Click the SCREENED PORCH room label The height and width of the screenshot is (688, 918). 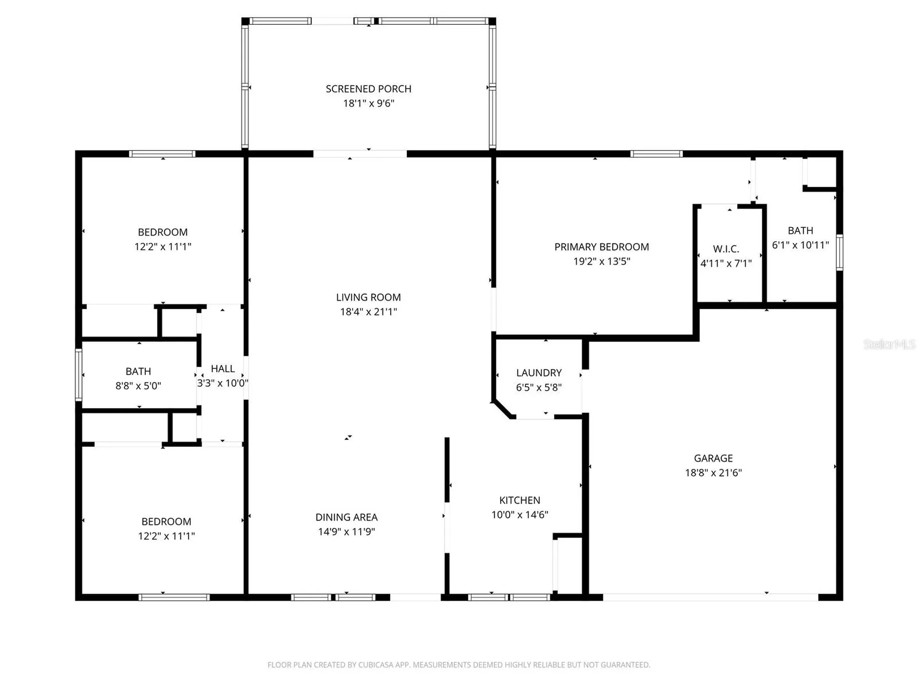(368, 89)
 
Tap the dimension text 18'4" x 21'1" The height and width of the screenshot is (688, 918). (368, 312)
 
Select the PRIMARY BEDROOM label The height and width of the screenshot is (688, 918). (601, 247)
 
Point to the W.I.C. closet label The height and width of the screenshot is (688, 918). (726, 249)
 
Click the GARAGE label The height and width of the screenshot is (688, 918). (713, 458)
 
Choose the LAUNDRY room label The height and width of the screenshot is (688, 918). (539, 373)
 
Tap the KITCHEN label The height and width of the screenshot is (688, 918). (520, 500)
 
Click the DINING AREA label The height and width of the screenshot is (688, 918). (347, 517)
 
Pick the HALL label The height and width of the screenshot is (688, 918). (223, 369)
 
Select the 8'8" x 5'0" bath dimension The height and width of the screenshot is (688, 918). (138, 386)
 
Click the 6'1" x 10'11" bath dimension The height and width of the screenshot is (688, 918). (800, 245)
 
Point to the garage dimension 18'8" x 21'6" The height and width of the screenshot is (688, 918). (713, 473)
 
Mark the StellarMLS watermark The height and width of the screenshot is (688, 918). (889, 344)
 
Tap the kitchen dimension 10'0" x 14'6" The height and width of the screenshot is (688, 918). (520, 515)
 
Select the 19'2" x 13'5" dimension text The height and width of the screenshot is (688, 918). (601, 261)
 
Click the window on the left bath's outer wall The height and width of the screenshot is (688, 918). (78, 375)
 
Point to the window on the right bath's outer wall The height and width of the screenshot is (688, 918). (839, 252)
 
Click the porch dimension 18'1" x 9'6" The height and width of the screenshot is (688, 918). (368, 103)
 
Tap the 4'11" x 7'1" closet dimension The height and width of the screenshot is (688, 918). (726, 263)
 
